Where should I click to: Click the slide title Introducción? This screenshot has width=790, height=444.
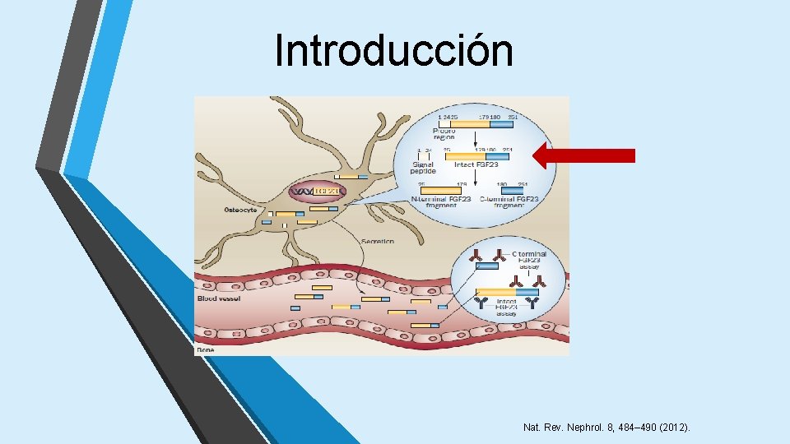pyautogui.click(x=394, y=50)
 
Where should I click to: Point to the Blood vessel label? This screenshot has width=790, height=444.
pyautogui.click(x=218, y=298)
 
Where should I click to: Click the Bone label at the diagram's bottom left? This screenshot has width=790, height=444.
pyautogui.click(x=205, y=349)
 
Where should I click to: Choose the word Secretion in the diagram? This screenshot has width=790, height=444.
pyautogui.click(x=376, y=241)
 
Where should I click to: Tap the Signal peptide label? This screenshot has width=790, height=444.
pyautogui.click(x=423, y=168)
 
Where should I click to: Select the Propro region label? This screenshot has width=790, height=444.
pyautogui.click(x=445, y=133)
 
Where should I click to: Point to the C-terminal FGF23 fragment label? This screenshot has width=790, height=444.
pyautogui.click(x=518, y=202)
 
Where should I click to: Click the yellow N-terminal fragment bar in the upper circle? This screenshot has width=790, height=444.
pyautogui.click(x=446, y=190)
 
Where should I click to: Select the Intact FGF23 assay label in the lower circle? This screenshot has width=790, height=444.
pyautogui.click(x=507, y=308)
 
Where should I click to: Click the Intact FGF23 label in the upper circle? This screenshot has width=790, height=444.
pyautogui.click(x=476, y=164)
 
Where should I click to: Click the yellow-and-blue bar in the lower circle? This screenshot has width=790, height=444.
pyautogui.click(x=507, y=291)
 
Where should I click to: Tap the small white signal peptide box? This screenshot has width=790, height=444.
pyautogui.click(x=423, y=155)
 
